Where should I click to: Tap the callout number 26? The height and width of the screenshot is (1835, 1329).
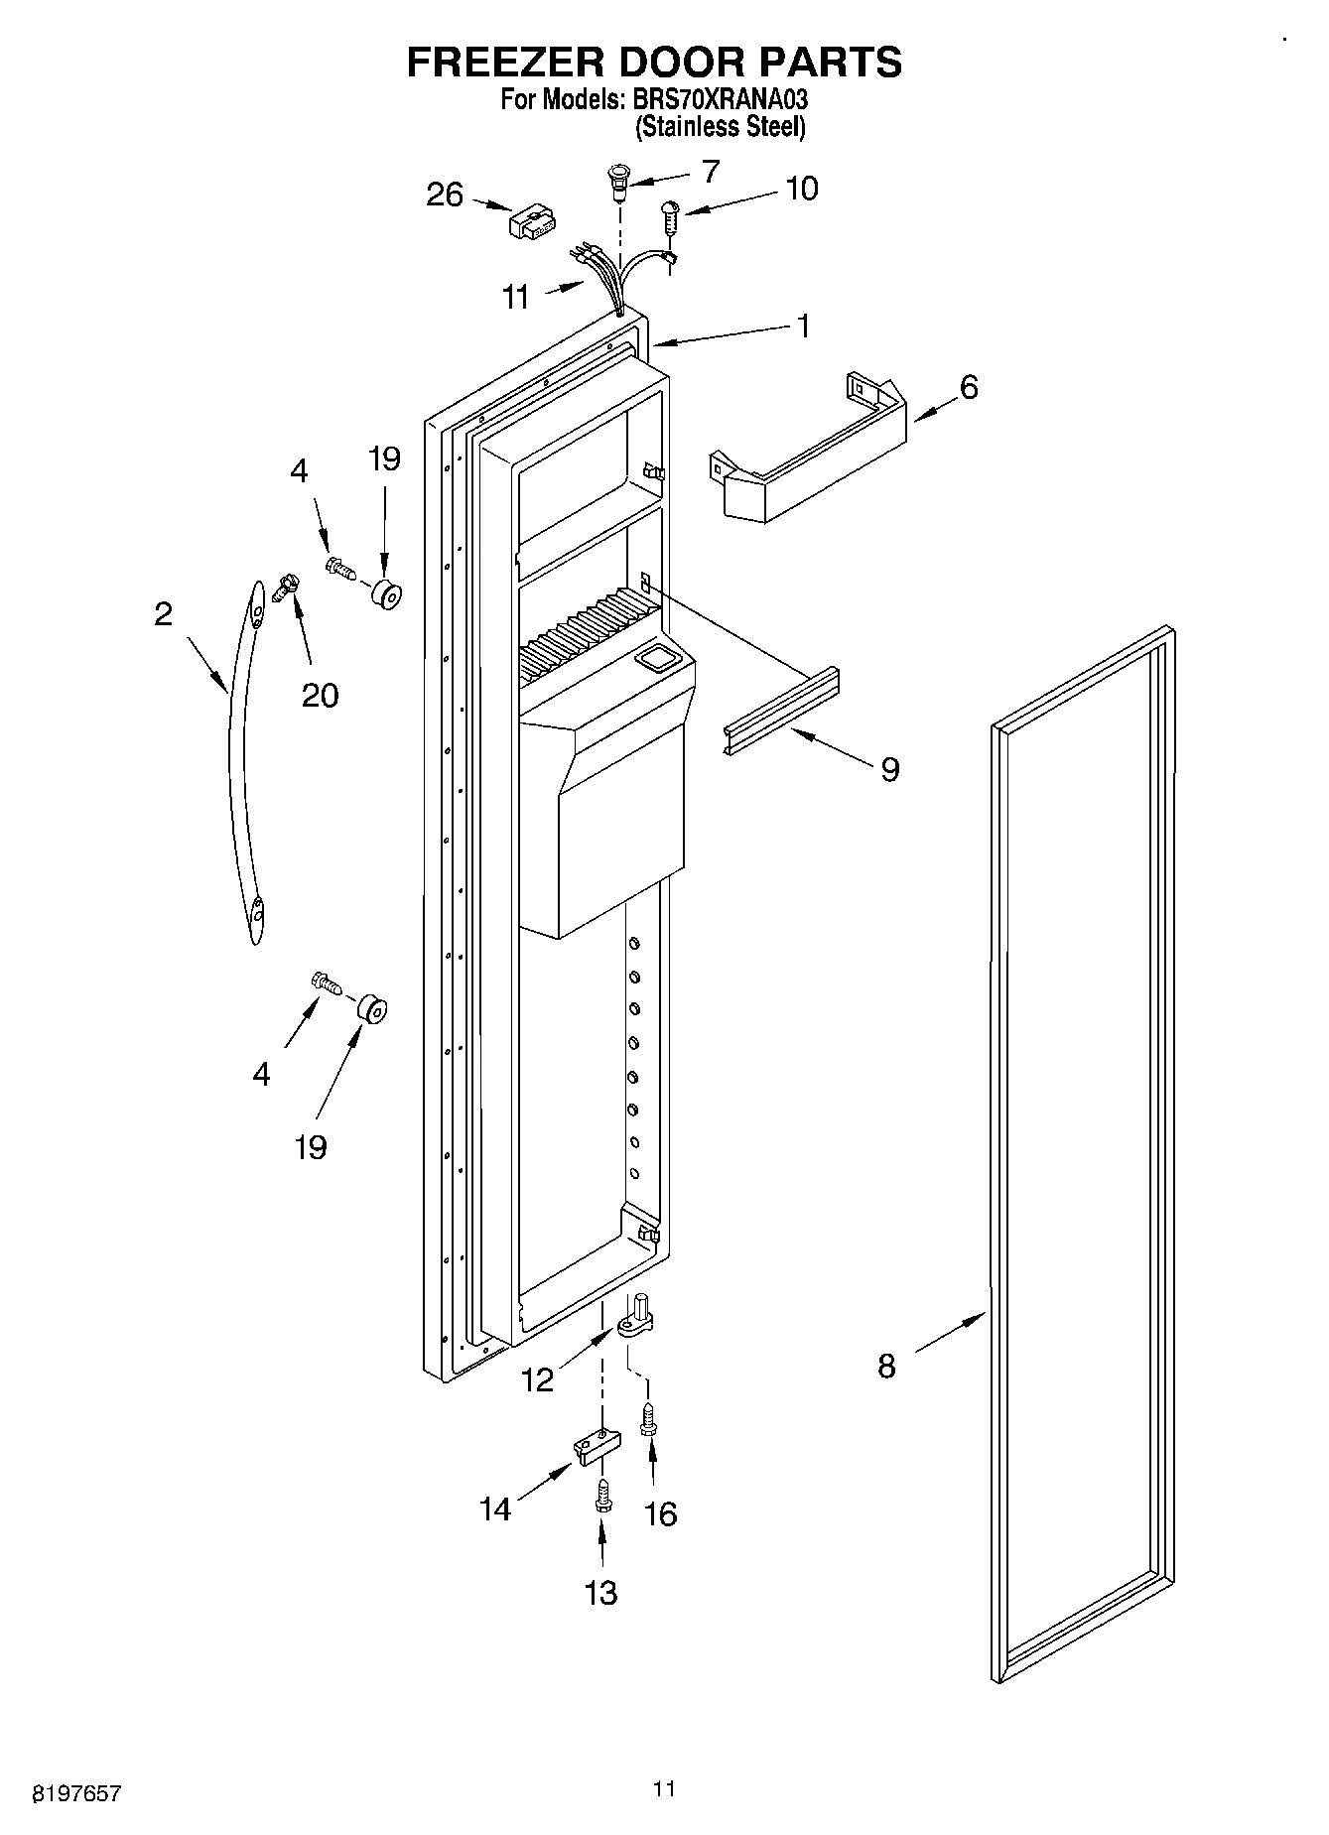pos(445,195)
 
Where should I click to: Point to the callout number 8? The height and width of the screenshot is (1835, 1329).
pos(886,1367)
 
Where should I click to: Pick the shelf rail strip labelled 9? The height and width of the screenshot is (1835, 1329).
pos(780,711)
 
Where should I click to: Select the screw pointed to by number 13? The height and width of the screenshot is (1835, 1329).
pos(601,1497)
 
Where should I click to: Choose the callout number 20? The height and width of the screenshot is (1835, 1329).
pos(320,695)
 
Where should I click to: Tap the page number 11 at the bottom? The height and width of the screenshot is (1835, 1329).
pos(664,1788)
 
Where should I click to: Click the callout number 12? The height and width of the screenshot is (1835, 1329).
pos(537,1380)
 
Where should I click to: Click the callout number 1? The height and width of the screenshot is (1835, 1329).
pos(803,326)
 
